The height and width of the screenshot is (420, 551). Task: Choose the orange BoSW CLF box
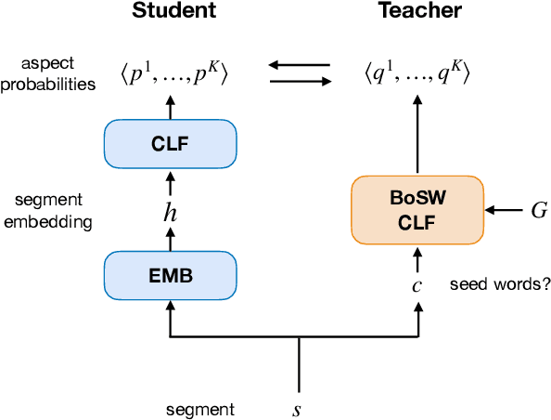coord(416,211)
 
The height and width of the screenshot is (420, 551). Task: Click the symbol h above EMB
coord(170,212)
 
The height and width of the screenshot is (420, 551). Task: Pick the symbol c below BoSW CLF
coord(416,284)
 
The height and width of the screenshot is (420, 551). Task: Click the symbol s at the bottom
coord(297,409)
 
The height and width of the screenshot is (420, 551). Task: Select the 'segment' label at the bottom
coord(200,409)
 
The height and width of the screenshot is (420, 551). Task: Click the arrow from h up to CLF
coord(170,185)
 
